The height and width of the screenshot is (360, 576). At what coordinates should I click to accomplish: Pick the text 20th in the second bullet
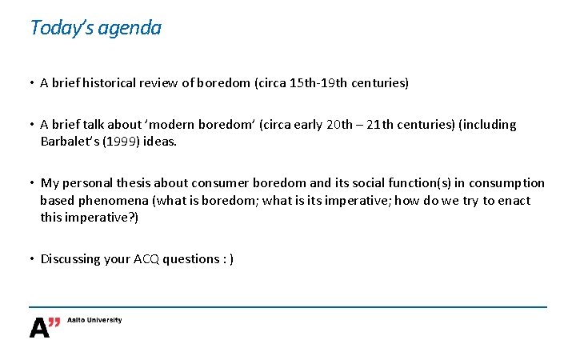[340, 125]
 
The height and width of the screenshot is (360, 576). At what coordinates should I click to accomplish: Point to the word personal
[88, 183]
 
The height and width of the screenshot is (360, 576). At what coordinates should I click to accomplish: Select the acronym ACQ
[146, 258]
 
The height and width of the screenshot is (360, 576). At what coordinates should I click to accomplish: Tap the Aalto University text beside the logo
[95, 320]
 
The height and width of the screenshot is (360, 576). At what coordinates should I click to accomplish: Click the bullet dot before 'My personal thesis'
[31, 183]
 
